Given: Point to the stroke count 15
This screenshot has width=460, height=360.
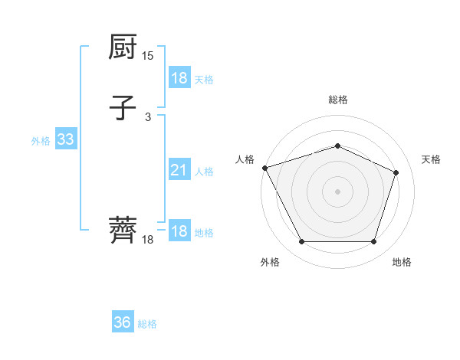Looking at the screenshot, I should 147,56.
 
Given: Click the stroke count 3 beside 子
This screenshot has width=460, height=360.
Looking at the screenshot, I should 148,116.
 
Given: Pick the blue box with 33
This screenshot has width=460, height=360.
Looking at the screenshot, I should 65,140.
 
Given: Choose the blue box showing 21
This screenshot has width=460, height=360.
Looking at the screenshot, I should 179,171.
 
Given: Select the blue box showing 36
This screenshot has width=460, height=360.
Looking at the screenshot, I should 122,322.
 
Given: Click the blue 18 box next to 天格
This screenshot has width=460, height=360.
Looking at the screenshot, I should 179,78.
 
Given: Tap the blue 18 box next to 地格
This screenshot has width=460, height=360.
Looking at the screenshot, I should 179,232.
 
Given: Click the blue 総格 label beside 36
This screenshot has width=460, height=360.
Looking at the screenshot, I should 147,324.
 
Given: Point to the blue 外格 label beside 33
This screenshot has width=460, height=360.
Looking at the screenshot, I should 41,141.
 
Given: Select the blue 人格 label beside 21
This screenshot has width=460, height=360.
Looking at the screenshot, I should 204,172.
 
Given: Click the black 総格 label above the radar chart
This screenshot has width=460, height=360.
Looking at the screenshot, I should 337,100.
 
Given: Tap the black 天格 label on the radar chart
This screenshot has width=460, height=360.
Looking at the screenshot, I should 431,159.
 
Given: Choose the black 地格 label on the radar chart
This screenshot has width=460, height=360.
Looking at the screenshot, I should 402,262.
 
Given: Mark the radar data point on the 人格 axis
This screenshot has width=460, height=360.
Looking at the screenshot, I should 264,168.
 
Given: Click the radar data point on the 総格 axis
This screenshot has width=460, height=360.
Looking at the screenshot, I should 337,146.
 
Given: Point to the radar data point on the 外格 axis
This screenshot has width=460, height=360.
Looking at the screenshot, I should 301,242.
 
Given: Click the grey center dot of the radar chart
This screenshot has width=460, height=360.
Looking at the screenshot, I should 337,191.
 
